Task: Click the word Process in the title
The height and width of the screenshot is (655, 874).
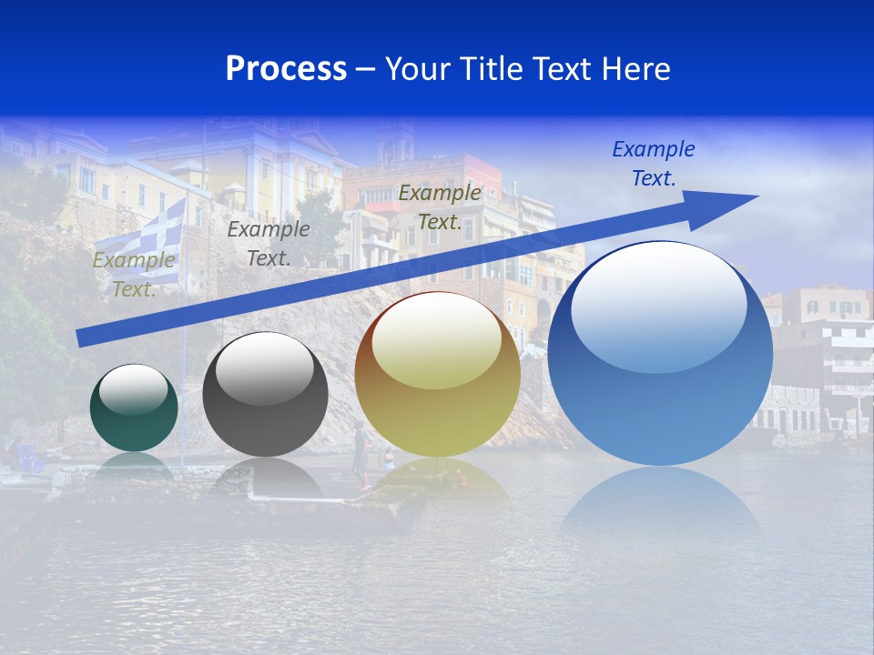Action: click(x=286, y=69)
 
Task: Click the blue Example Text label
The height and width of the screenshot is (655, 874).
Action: click(x=653, y=164)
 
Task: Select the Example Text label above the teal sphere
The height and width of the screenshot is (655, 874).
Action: click(x=134, y=275)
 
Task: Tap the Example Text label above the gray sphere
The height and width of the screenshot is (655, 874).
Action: click(x=268, y=244)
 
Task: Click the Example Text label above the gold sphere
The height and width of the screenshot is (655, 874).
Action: click(x=439, y=207)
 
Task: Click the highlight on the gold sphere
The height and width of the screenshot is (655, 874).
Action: click(x=436, y=341)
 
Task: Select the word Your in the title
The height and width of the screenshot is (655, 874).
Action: click(x=421, y=69)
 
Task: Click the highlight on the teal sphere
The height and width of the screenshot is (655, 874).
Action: click(x=133, y=389)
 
